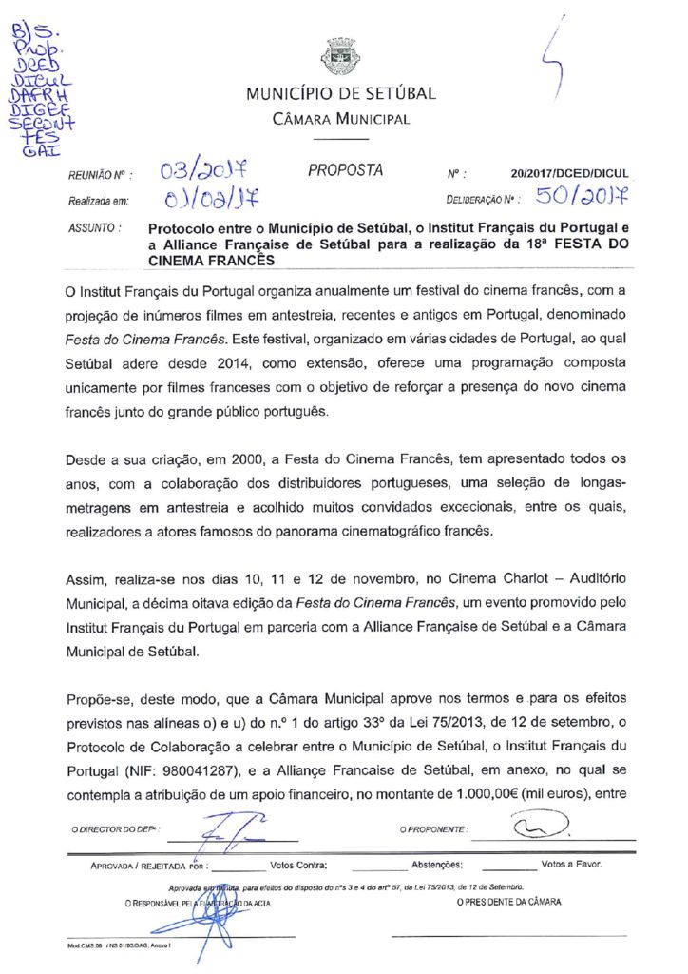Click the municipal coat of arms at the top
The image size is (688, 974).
340,56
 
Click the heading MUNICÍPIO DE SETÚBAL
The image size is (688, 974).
341,94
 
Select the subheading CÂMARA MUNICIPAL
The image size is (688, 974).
341,120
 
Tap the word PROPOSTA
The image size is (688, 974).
346,171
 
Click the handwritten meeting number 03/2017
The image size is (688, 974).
203,172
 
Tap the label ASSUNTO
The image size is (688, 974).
93,229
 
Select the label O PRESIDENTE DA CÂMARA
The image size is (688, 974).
508,902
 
